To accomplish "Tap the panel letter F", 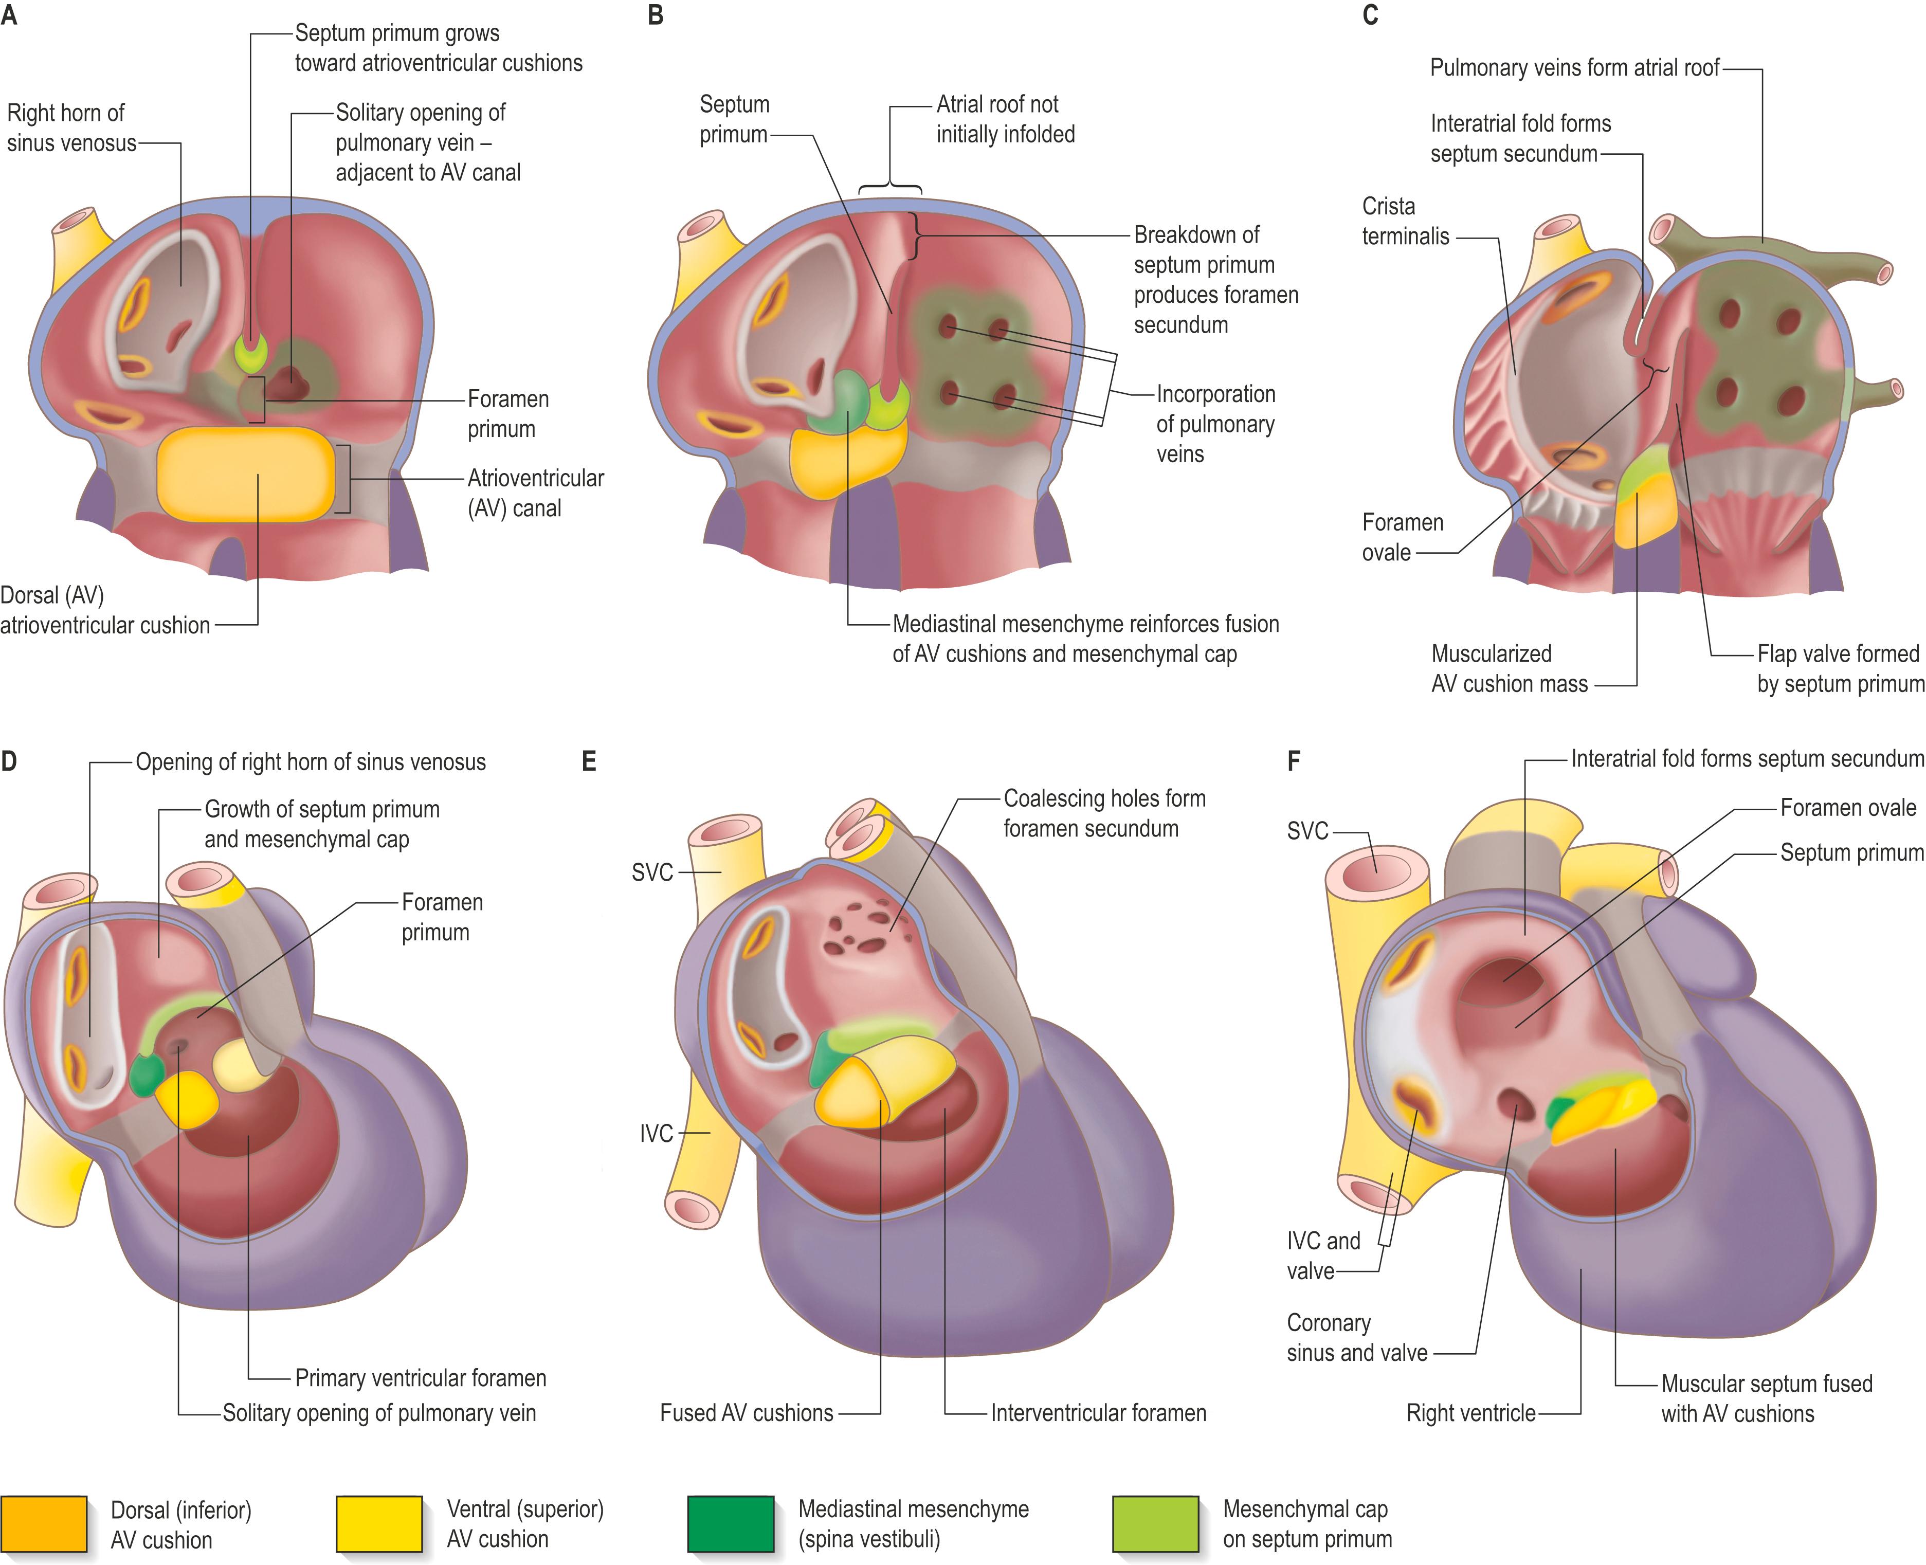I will coord(1294,762).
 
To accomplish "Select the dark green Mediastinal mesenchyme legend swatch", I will coord(731,1523).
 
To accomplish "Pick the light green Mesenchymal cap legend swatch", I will coord(1155,1523).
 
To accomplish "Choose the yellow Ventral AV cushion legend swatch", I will coord(379,1523).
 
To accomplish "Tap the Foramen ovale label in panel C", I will coord(1402,537).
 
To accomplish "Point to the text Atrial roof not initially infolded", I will coord(1005,119).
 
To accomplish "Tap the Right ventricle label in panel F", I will coord(1470,1413).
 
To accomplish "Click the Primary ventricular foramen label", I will coord(420,1377).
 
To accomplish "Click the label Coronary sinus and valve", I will coord(1356,1338).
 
